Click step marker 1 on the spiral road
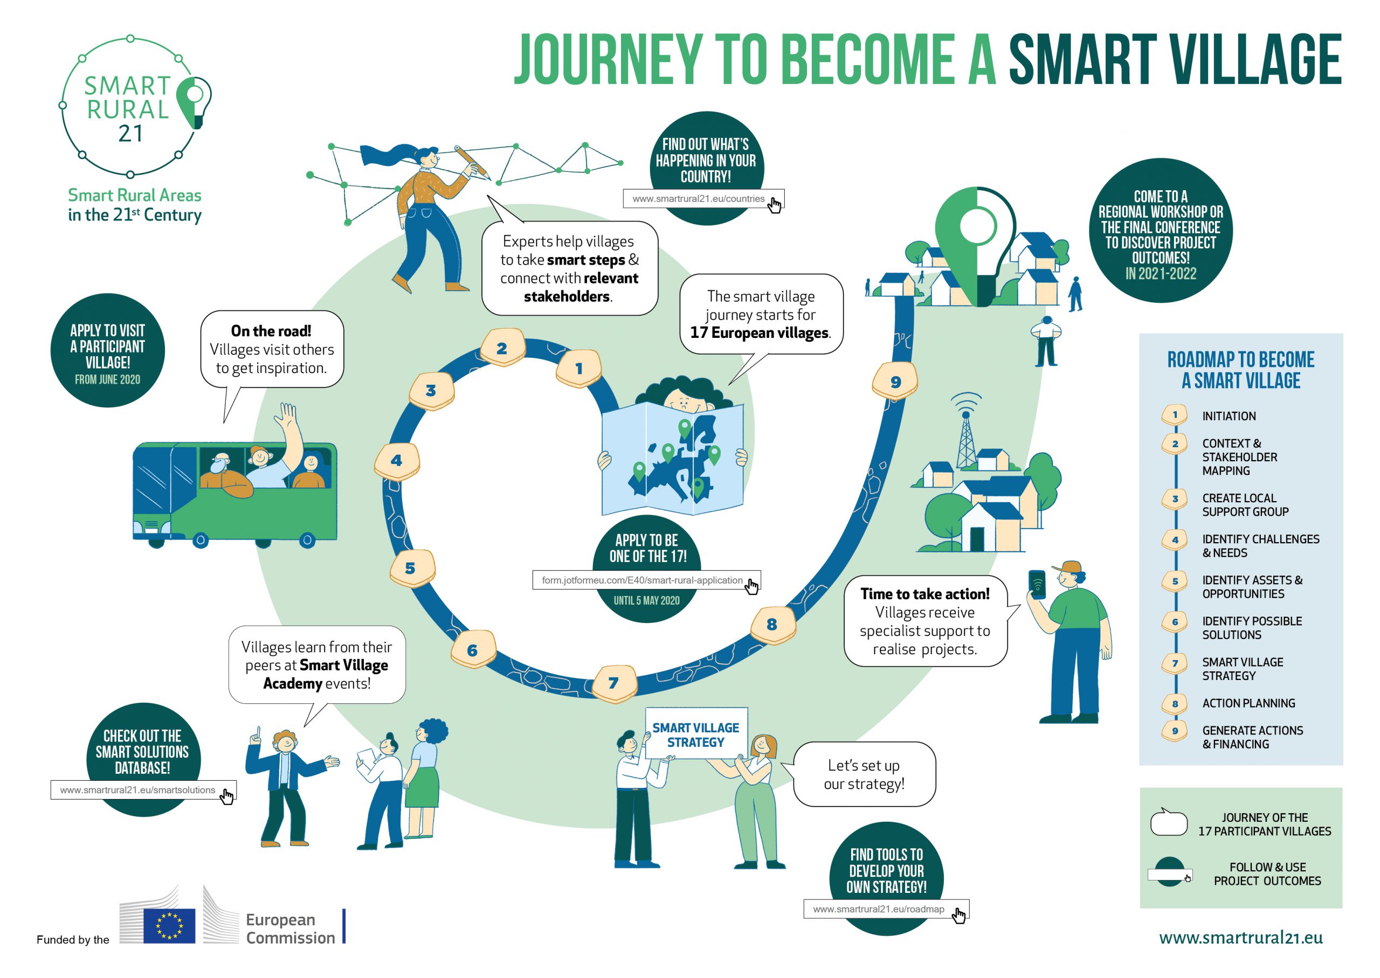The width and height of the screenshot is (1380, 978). coord(578,369)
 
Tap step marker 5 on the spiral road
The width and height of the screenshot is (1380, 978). coord(411,568)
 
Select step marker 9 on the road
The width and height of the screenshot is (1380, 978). coord(894,381)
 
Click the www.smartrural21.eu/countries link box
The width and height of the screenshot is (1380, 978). coord(703,199)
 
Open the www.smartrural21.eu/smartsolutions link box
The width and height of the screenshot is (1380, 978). coord(143,789)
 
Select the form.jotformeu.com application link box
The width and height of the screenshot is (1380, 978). coord(646,580)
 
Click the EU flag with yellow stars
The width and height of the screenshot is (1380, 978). coord(169,926)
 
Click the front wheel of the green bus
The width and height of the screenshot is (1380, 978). coord(201,540)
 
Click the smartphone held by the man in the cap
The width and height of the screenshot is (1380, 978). coord(1036,584)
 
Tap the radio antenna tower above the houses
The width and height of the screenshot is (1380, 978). coord(965,430)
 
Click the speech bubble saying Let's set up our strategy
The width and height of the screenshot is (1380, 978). coord(864,774)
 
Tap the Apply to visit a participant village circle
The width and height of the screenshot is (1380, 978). coord(108,350)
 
